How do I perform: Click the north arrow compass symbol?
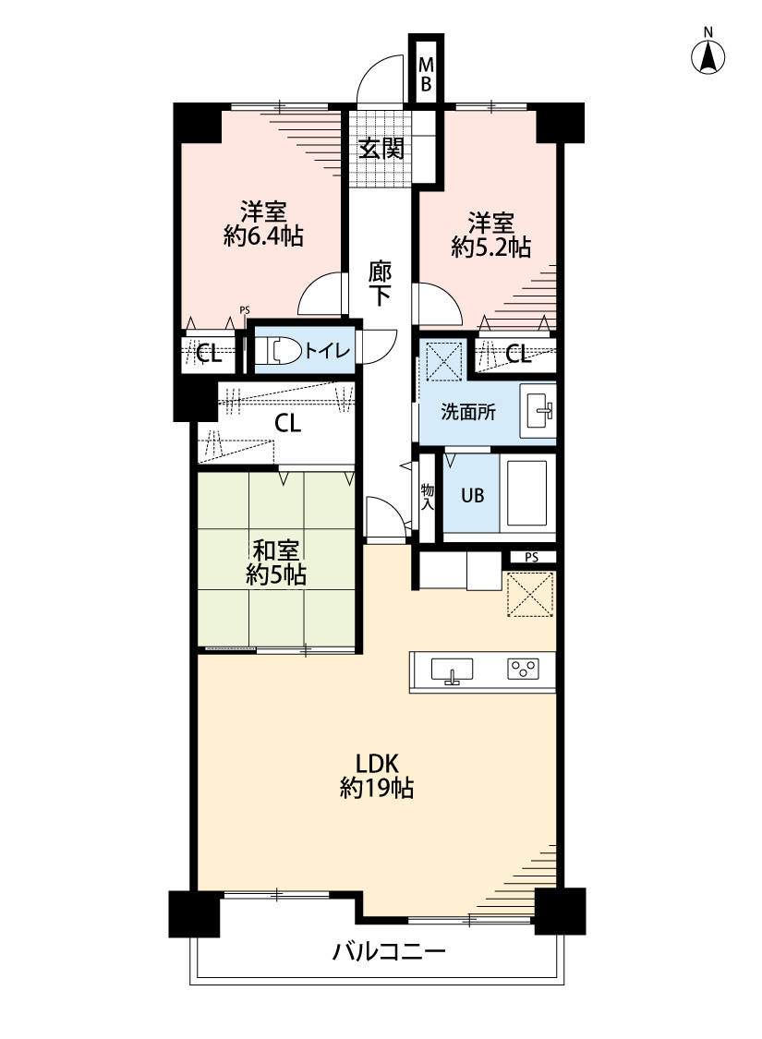[x=708, y=55]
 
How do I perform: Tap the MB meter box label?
[x=426, y=75]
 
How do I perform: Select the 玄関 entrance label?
[x=381, y=149]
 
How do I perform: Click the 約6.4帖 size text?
[x=264, y=236]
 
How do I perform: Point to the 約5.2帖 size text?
[x=491, y=247]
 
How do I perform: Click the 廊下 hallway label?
[x=380, y=284]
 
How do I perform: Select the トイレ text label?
[x=327, y=349]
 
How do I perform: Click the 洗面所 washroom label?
[x=467, y=412]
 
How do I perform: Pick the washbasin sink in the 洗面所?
[x=538, y=411]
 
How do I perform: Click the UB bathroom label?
[x=473, y=495]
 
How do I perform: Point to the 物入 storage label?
[x=428, y=496]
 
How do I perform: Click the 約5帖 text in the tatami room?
[x=275, y=574]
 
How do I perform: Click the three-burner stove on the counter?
[x=524, y=670]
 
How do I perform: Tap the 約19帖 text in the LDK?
[x=377, y=788]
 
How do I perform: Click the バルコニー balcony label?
[x=389, y=952]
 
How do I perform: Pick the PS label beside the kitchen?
[x=531, y=557]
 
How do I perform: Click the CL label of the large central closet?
[x=287, y=423]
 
